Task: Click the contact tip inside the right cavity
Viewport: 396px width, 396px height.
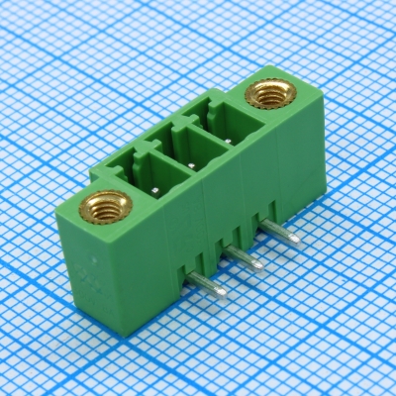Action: (229, 142)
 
